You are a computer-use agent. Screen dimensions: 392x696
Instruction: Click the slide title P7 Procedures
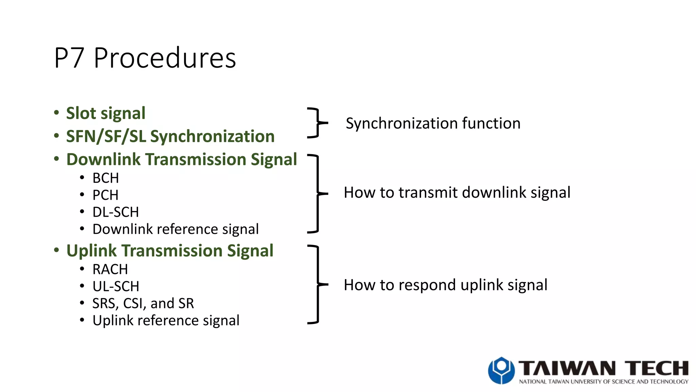point(145,58)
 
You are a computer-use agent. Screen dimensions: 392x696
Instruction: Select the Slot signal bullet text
point(106,113)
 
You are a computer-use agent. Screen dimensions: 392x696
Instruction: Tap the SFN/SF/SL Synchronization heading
point(170,136)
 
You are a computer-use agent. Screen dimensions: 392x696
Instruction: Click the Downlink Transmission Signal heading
point(181,160)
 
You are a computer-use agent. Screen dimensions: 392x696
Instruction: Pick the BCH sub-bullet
point(106,178)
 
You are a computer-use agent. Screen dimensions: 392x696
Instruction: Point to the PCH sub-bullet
point(105,195)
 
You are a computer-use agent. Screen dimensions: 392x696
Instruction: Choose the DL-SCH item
point(116,212)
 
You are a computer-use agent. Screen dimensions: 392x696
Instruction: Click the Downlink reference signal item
point(175,229)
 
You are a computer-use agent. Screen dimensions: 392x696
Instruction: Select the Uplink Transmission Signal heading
point(170,251)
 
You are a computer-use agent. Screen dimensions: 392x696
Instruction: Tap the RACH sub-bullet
point(110,269)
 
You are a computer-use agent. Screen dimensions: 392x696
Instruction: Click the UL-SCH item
point(116,287)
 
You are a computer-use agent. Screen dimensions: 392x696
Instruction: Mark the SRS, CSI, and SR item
point(143,304)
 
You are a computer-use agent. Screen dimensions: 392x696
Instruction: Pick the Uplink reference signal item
point(166,321)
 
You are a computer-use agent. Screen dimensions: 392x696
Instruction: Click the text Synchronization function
point(433,123)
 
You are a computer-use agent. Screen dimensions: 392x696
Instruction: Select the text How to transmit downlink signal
point(457,193)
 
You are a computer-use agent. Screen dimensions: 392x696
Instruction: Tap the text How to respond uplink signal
point(445,285)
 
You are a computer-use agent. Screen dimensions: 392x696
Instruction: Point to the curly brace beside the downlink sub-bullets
point(317,194)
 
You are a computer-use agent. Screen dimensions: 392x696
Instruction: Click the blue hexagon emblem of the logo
point(501,371)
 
